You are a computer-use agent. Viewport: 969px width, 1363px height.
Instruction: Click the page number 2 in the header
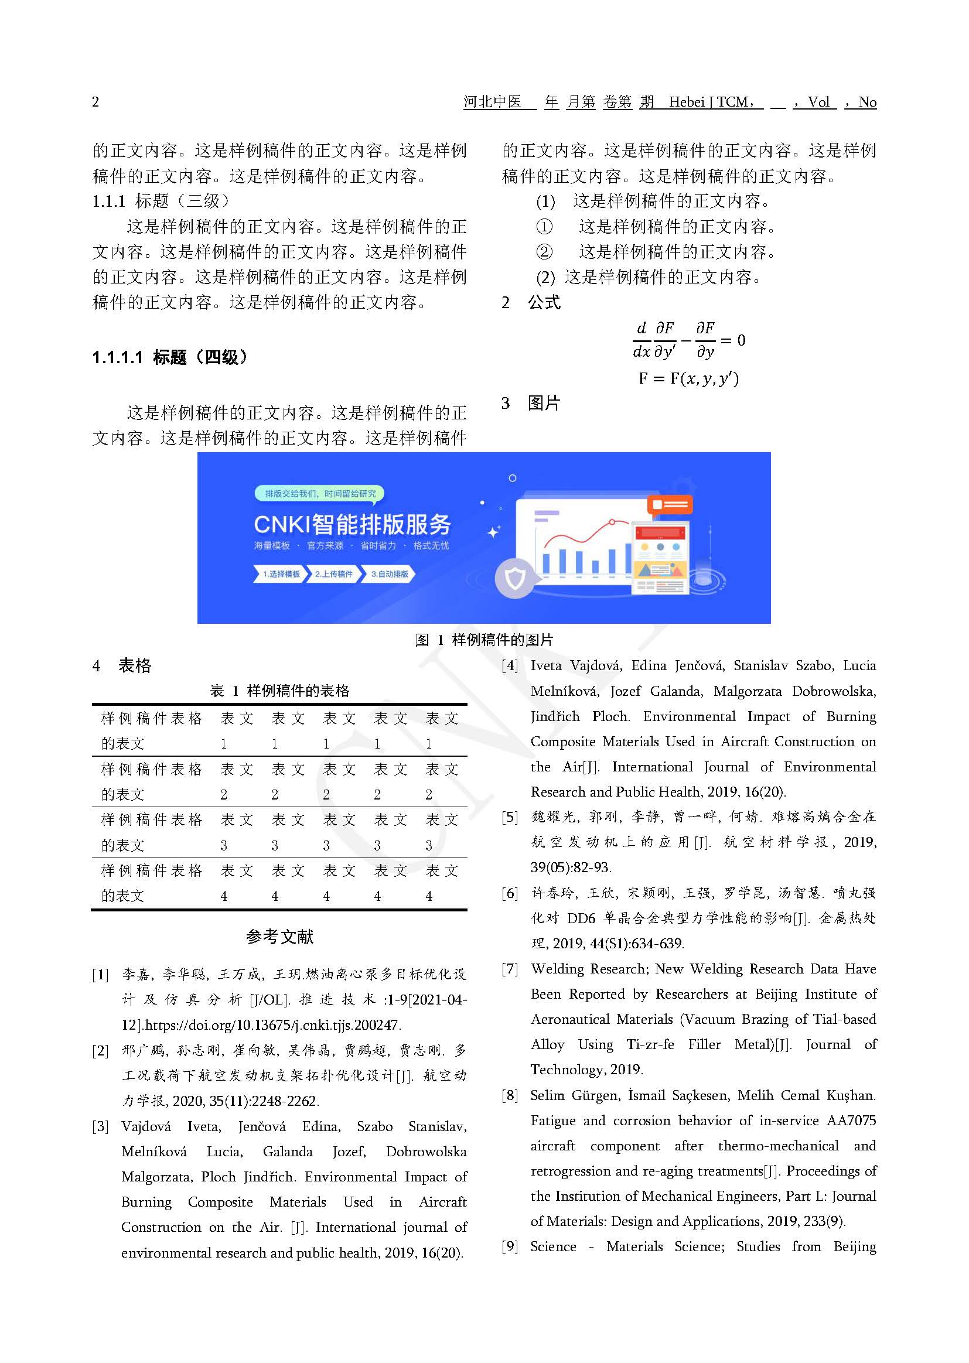point(95,102)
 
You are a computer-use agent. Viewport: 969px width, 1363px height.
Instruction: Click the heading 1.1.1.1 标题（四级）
point(169,357)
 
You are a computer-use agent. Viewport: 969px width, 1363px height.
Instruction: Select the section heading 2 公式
point(530,302)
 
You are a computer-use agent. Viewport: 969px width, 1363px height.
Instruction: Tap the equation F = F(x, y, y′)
point(688,378)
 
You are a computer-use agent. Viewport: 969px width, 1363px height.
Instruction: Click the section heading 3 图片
point(530,403)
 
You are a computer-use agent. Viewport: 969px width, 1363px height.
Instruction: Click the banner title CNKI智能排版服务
point(352,524)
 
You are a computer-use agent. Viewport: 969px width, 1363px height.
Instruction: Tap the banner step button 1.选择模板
point(281,574)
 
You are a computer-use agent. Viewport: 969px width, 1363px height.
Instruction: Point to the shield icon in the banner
point(514,578)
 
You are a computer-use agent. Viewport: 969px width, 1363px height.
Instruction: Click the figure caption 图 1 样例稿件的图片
point(484,640)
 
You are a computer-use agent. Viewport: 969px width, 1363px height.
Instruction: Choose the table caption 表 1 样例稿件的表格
point(279,691)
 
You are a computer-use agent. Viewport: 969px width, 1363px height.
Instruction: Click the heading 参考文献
point(279,937)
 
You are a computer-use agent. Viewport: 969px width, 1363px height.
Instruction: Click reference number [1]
point(100,975)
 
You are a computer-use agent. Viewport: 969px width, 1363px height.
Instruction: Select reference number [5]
point(510,817)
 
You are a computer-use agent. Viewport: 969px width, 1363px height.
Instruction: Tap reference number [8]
point(510,1095)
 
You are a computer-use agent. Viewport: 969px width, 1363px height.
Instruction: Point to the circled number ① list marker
point(544,227)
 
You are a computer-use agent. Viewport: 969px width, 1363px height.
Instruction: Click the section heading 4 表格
point(122,666)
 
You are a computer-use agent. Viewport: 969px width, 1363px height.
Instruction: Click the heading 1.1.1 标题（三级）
point(161,201)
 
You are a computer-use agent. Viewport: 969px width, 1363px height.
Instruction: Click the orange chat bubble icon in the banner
point(670,505)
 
